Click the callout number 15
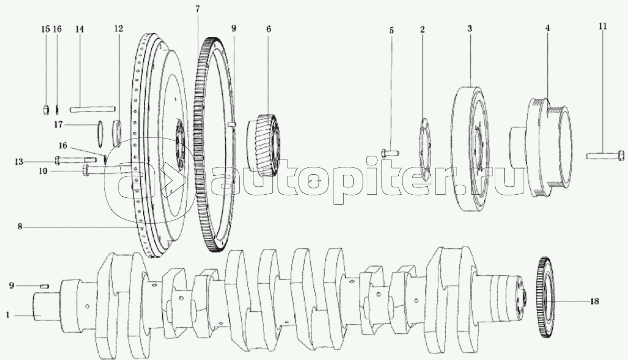46,29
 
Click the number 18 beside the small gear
594,302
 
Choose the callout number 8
19,227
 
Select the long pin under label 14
92,109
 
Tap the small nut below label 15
46,109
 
